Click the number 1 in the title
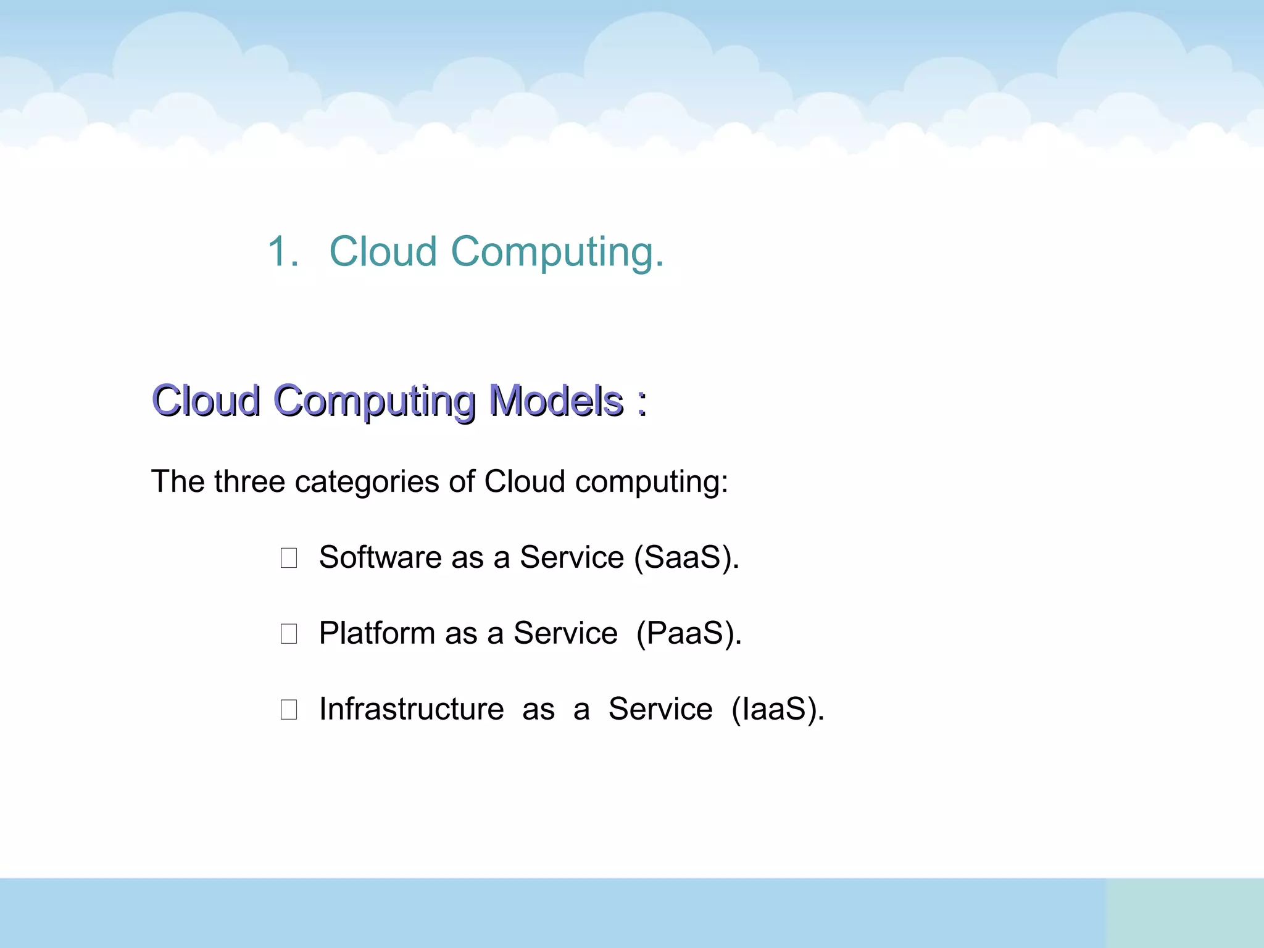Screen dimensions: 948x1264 click(x=281, y=252)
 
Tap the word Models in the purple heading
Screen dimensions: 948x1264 click(x=556, y=401)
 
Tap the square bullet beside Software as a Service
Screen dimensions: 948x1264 click(x=289, y=558)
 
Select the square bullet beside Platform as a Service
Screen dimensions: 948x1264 click(x=289, y=634)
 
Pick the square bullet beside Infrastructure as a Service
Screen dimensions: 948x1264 click(x=289, y=710)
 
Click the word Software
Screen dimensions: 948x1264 click(x=380, y=557)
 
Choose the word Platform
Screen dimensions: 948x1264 click(x=376, y=633)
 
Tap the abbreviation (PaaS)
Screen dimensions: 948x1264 click(x=689, y=634)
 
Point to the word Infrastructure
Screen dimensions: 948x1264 click(x=411, y=709)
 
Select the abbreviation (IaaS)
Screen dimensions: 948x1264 click(x=778, y=710)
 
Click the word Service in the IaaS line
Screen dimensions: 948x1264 click(x=660, y=709)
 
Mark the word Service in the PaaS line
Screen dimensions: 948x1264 click(x=565, y=633)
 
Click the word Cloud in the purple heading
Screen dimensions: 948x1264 click(x=206, y=401)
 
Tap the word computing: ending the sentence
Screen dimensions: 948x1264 click(x=652, y=483)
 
